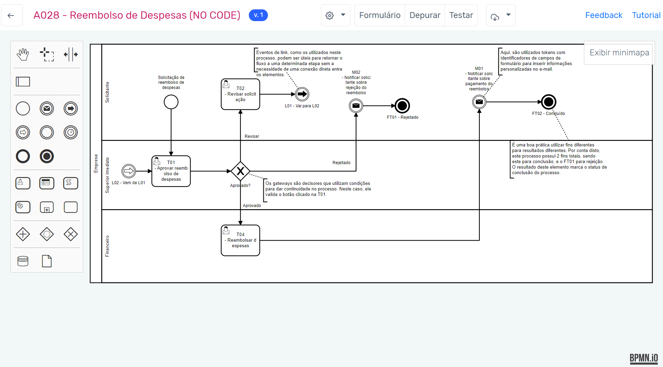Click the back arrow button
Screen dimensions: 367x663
coord(11,15)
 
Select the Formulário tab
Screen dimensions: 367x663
coord(380,15)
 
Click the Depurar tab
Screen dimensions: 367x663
coord(425,15)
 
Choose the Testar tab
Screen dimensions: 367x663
coord(461,15)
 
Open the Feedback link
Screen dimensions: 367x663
coord(603,15)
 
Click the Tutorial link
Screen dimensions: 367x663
coord(646,15)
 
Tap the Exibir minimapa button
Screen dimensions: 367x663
coord(619,53)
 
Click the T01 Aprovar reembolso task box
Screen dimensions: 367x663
coord(171,171)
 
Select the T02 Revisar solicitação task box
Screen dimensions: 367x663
coord(241,94)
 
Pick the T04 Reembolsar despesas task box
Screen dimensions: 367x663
coord(241,240)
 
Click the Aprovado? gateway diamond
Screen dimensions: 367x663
coord(241,171)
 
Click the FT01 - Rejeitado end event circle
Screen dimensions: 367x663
coord(402,106)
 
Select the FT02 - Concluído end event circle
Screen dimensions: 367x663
coord(549,102)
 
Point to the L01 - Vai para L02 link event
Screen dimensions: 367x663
coord(302,94)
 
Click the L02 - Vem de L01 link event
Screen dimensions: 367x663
coord(129,171)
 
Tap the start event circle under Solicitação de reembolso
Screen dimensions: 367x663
coord(171,102)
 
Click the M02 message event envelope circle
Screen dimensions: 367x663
coord(356,106)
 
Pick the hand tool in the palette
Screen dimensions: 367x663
coord(23,54)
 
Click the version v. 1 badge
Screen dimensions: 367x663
coord(258,15)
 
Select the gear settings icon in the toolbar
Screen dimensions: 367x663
coord(330,16)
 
